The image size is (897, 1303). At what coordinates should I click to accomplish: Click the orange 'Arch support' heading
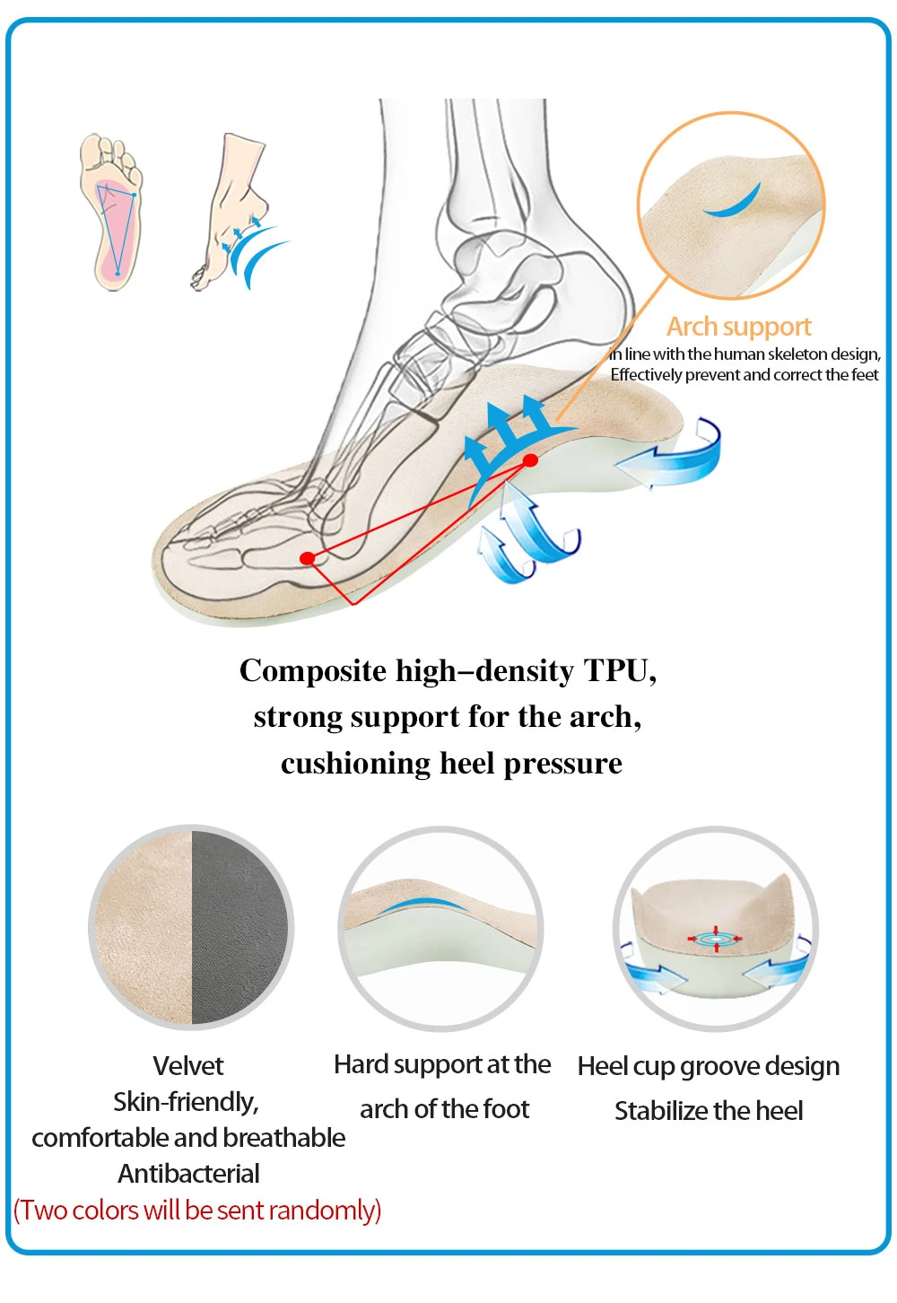(738, 327)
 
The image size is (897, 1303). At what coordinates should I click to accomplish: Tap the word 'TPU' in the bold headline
(620, 671)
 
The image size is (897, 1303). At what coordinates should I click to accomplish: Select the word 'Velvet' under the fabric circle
(188, 1066)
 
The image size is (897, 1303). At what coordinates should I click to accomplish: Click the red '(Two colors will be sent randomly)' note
(197, 1211)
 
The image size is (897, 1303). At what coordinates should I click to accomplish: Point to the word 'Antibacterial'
(188, 1174)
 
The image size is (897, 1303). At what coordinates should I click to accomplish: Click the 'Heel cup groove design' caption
(709, 1066)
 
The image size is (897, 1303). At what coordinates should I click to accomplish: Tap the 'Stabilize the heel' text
(709, 1111)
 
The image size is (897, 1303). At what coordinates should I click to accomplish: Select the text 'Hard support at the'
(442, 1064)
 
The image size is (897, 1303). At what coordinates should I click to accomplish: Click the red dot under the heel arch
(530, 460)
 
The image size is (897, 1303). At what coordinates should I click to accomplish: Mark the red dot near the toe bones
(308, 558)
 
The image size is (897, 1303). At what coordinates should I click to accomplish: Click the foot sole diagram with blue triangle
(110, 213)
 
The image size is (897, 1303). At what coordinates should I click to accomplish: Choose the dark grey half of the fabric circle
(240, 927)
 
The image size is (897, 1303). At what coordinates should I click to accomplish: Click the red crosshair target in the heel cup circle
(715, 939)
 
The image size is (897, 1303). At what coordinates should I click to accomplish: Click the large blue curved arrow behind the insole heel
(673, 456)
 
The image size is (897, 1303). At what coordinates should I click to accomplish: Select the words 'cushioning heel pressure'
(451, 764)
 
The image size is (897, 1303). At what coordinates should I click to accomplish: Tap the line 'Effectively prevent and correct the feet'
(745, 375)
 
